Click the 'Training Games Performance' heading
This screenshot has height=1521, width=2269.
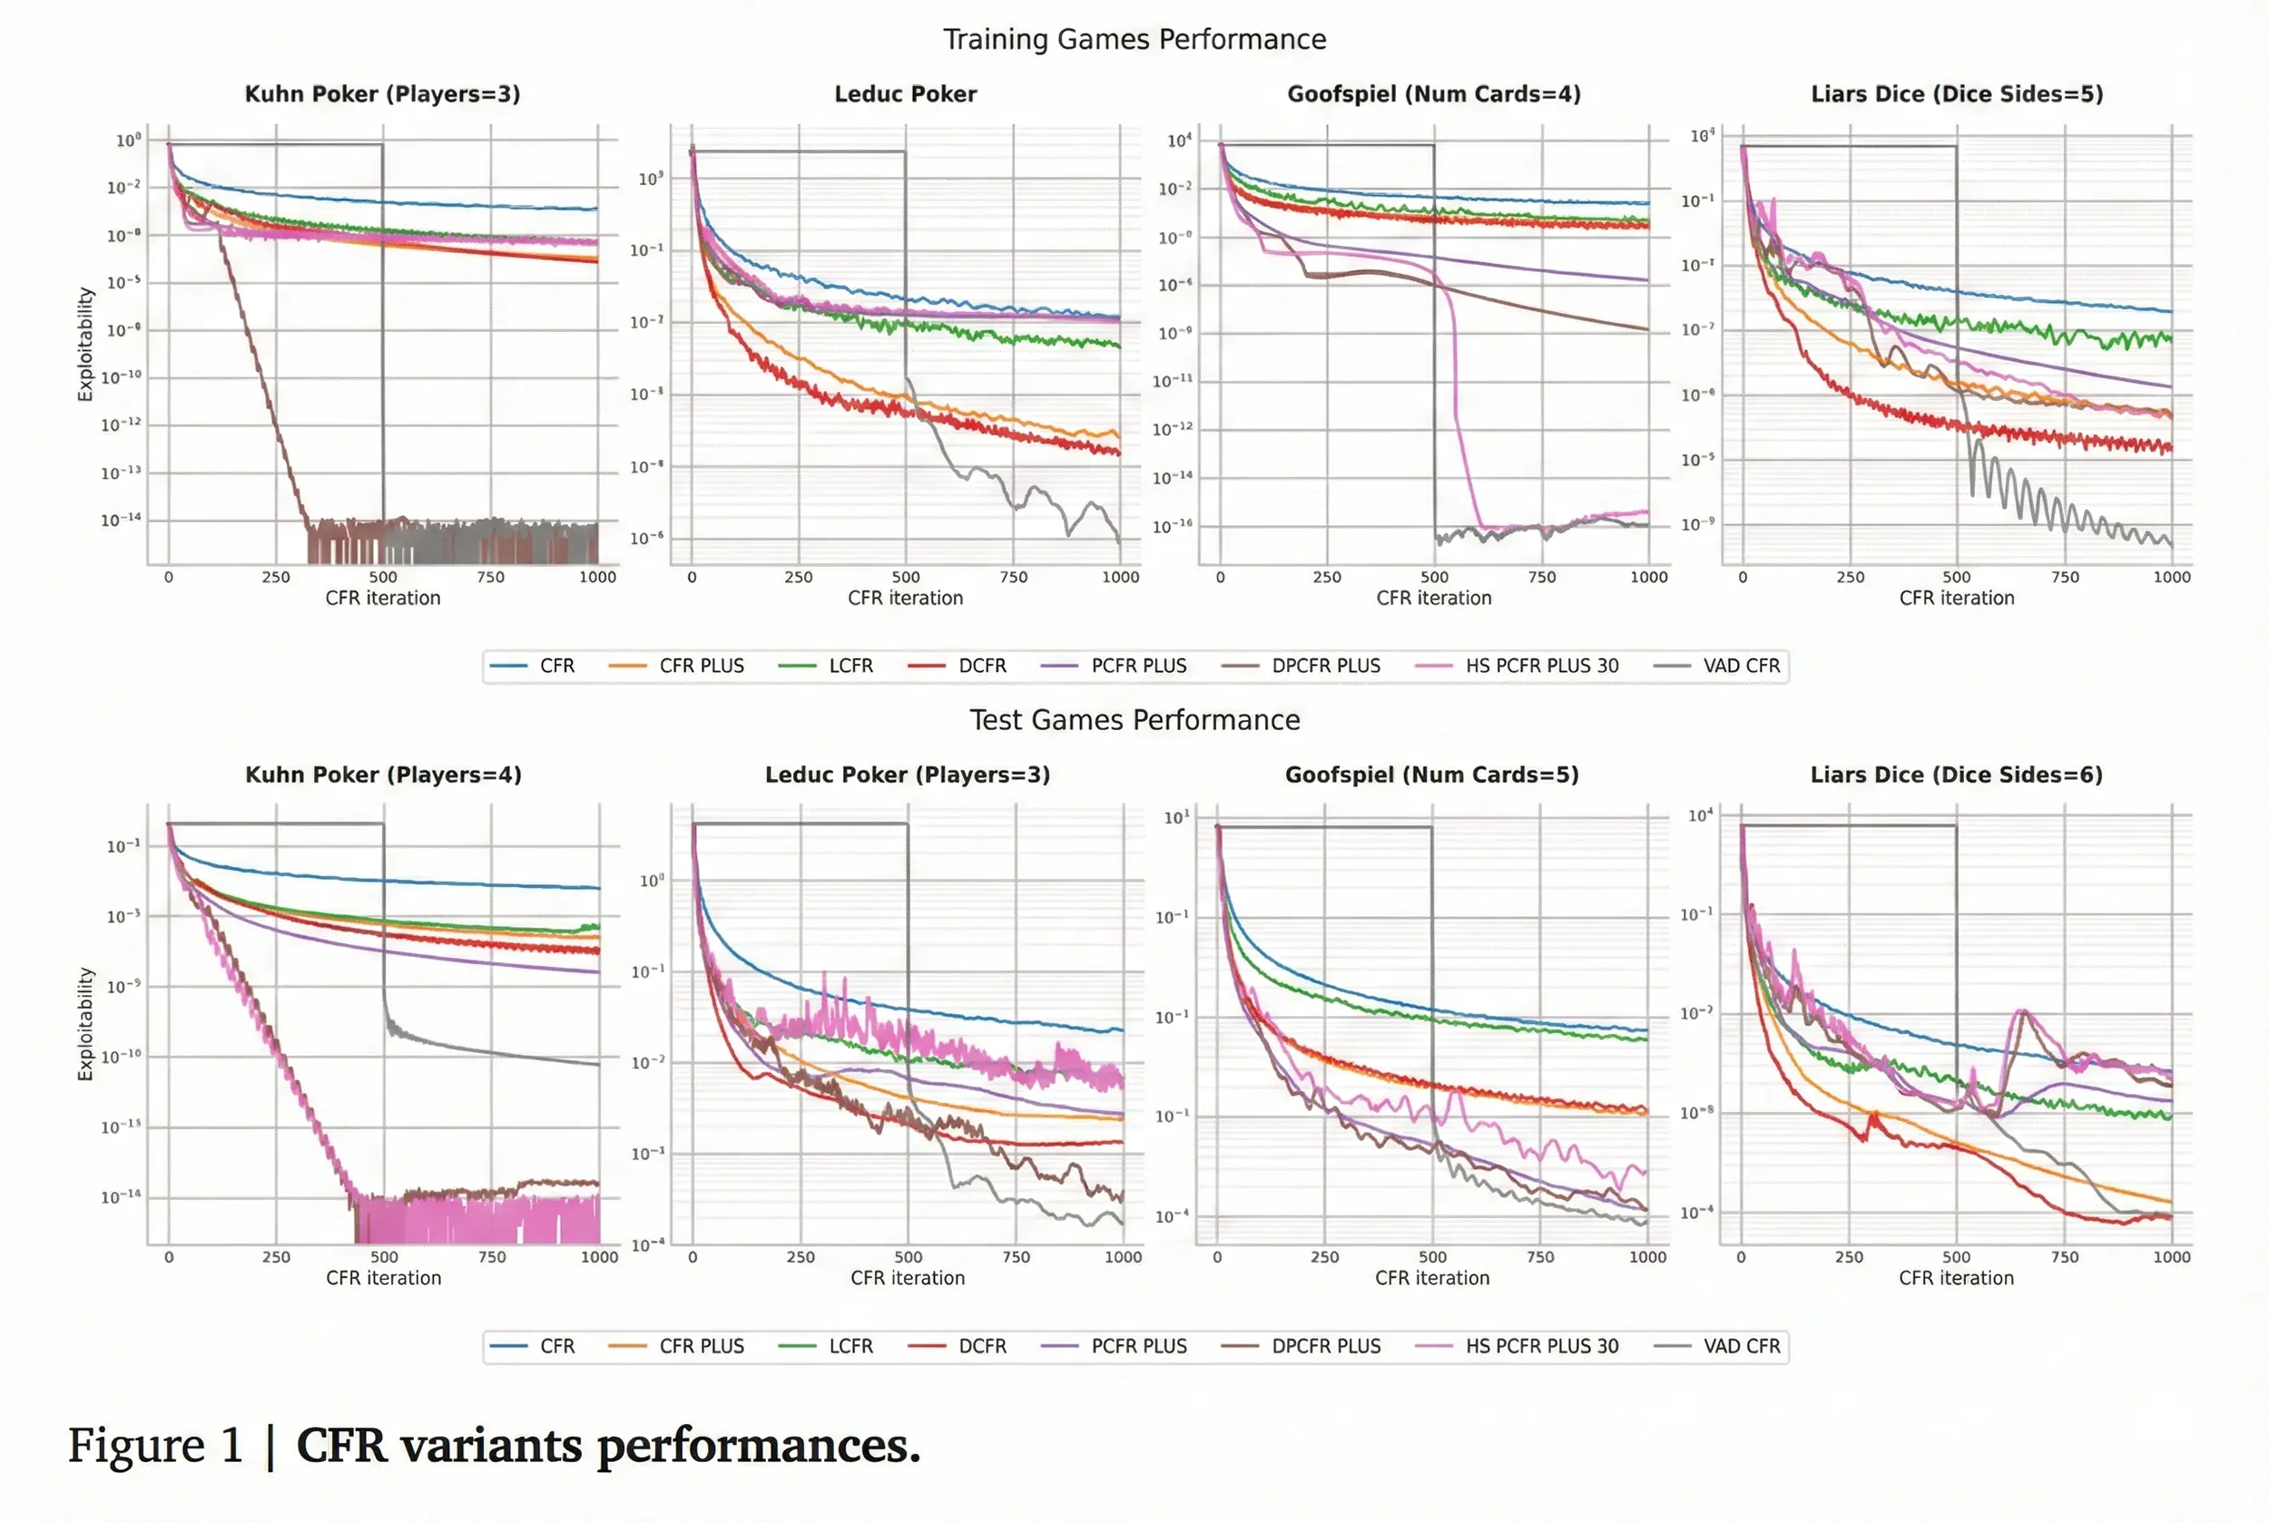click(1134, 40)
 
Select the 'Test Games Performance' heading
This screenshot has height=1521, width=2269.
click(1134, 720)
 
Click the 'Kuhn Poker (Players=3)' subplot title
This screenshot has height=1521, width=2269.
click(382, 94)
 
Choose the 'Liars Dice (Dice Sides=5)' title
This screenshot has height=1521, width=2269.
click(1956, 94)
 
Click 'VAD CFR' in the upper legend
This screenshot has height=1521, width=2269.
click(1741, 666)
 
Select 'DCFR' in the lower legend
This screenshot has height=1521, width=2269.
click(981, 1345)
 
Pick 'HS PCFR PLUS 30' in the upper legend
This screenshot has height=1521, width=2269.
click(1541, 666)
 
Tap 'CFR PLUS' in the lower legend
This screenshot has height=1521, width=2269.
click(701, 1345)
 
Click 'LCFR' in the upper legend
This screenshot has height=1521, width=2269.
click(850, 666)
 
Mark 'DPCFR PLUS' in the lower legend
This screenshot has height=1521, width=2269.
click(1325, 1345)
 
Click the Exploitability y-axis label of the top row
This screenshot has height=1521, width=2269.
click(85, 344)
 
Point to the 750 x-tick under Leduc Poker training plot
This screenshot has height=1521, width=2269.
click(1013, 576)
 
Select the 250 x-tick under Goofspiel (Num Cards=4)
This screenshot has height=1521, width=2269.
click(1327, 576)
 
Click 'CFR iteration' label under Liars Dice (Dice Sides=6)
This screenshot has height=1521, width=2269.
click(1956, 1278)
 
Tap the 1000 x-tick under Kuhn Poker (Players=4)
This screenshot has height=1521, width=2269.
click(599, 1256)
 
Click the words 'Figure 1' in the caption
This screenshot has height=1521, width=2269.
click(155, 1446)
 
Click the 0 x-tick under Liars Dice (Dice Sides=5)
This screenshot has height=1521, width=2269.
click(1743, 576)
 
